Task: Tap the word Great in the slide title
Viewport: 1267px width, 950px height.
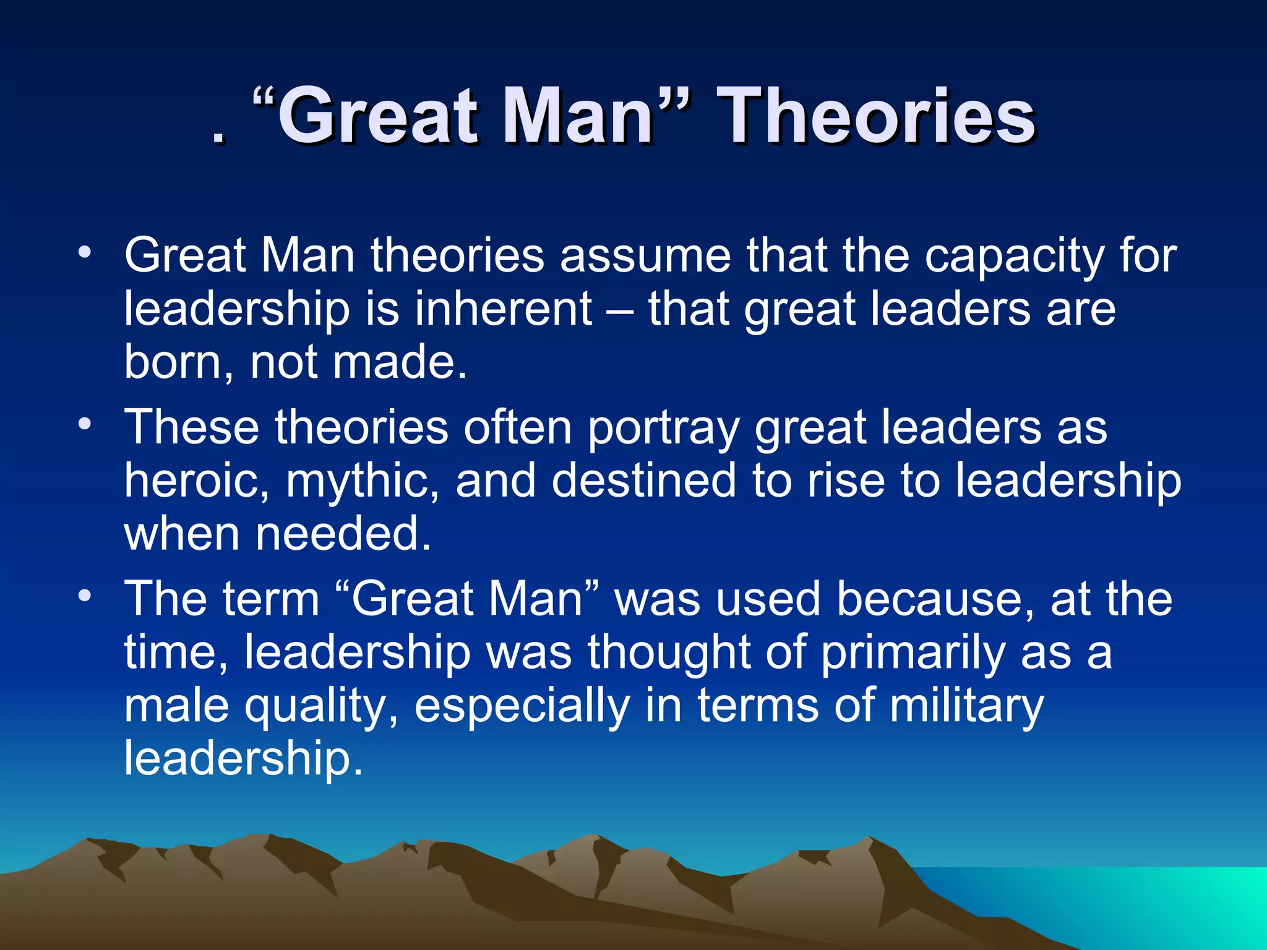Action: tap(377, 116)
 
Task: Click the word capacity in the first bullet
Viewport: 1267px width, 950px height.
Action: tap(1014, 257)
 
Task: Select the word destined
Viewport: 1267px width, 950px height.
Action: tap(643, 481)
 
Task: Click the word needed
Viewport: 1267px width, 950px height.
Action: tap(343, 534)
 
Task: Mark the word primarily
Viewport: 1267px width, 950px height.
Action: tap(913, 653)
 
